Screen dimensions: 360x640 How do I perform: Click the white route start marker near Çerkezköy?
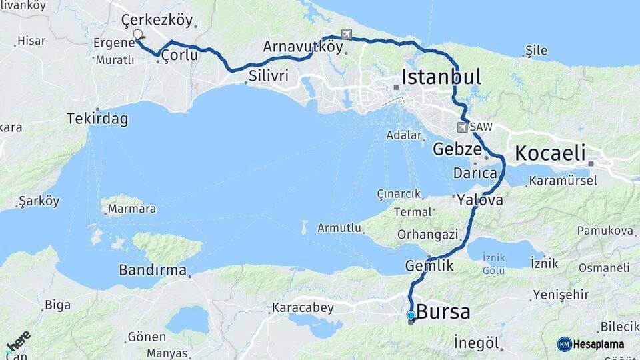(137, 35)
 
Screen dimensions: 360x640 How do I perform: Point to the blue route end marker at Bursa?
(411, 315)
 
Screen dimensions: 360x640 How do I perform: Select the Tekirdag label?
(97, 119)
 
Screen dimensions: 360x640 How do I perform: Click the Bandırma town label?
(153, 270)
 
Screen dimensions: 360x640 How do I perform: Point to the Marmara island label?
(133, 209)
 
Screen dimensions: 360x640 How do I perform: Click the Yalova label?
(480, 199)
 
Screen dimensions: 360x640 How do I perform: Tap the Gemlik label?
(429, 265)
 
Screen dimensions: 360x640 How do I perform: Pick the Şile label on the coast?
(536, 50)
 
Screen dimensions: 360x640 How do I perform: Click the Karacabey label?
(302, 309)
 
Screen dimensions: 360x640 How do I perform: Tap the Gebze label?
(457, 149)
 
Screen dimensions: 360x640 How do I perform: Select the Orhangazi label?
(427, 234)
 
